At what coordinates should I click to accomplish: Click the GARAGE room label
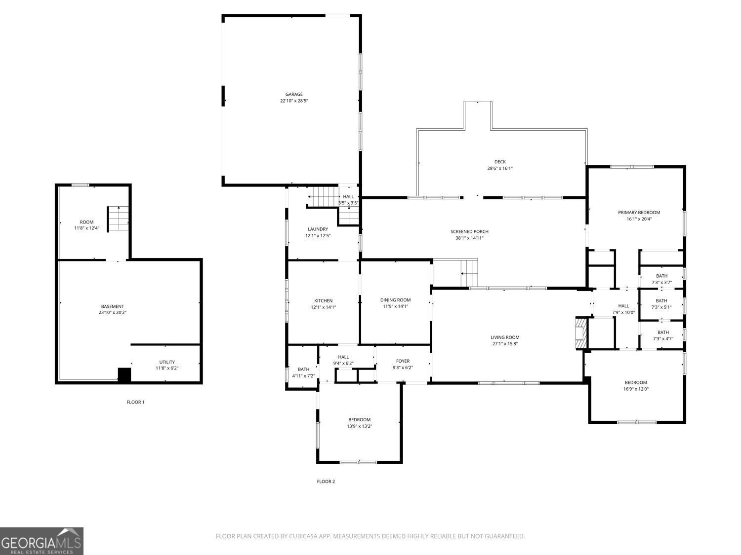tap(294, 94)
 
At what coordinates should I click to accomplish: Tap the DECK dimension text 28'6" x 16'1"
tap(500, 168)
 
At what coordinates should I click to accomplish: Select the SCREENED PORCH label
tap(469, 231)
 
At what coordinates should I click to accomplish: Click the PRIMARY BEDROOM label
tap(639, 213)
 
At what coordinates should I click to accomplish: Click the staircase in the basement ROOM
tap(119, 219)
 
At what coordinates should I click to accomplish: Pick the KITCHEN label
tap(324, 300)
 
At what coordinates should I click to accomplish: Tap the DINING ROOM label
tap(395, 300)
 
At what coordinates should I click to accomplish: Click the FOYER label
tap(403, 361)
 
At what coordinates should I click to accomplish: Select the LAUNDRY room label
tap(318, 229)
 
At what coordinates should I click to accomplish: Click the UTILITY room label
tap(167, 362)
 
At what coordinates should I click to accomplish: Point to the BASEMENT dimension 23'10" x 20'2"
tap(113, 312)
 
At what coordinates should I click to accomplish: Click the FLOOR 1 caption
tap(135, 402)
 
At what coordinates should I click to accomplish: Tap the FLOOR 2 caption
tap(326, 481)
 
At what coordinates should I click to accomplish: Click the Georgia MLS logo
tap(41, 541)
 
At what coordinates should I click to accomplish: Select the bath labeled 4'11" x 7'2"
tap(303, 372)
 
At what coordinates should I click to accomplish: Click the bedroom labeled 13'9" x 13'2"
tap(359, 423)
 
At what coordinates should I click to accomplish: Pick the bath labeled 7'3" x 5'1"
tap(661, 303)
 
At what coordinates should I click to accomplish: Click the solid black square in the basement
tap(124, 375)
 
